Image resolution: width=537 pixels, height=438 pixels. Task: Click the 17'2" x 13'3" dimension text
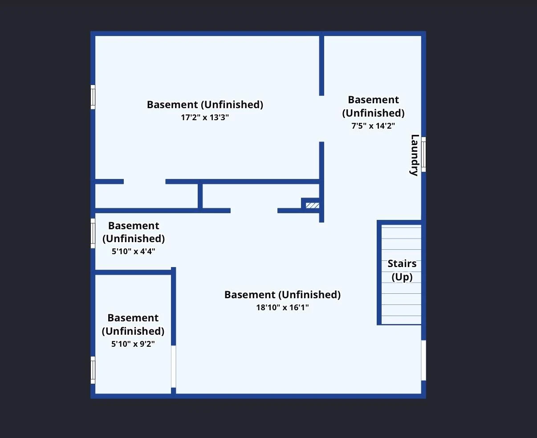click(205, 118)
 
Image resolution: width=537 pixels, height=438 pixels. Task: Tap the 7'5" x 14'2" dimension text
click(373, 126)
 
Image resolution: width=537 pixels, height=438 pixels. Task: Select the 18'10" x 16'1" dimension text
click(282, 308)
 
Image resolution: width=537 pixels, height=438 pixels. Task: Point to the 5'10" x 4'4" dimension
click(134, 251)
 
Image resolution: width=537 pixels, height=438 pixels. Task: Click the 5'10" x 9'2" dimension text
click(133, 344)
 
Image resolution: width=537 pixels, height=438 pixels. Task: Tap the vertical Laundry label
click(415, 155)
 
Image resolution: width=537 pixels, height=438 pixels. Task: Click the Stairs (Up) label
click(402, 270)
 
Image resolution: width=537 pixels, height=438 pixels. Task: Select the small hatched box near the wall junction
click(312, 205)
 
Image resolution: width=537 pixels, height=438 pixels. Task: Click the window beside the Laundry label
click(423, 154)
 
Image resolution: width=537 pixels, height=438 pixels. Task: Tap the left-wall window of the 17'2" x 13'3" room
click(93, 97)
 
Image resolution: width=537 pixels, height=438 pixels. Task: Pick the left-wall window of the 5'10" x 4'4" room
click(93, 233)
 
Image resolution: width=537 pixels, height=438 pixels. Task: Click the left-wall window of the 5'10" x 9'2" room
click(93, 370)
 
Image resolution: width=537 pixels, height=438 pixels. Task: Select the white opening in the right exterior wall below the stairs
click(423, 361)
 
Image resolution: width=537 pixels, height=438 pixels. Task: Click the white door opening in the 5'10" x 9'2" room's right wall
click(173, 366)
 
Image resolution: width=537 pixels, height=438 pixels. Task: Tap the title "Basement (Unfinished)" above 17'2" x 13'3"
click(205, 105)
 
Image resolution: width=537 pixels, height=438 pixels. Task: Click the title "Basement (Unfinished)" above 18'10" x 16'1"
click(282, 295)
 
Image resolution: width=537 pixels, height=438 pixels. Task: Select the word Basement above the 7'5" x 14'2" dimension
click(373, 100)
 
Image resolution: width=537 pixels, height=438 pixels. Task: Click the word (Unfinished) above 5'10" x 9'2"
click(133, 331)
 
